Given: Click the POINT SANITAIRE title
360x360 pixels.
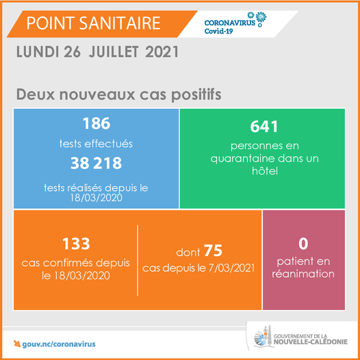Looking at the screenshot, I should pos(93,23).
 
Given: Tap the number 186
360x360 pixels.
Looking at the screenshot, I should pos(96,124).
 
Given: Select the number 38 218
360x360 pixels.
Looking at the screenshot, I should pos(96,163).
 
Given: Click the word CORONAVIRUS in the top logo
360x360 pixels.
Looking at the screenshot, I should pos(231,22).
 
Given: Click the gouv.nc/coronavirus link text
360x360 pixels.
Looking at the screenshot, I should pos(59,343).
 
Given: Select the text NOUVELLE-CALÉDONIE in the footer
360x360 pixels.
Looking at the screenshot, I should pos(311,344).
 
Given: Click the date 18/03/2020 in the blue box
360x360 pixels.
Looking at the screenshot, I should pos(96,198).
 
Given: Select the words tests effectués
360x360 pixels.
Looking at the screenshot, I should pos(96,144).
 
